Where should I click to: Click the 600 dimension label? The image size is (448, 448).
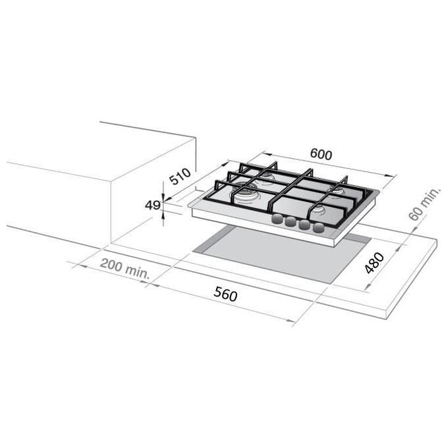321,154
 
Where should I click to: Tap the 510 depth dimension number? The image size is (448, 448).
180,176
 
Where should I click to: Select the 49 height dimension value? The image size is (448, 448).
152,205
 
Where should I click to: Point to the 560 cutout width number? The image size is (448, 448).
225,294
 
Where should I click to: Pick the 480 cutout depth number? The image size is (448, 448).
374,263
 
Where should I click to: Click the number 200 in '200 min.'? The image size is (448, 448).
111,265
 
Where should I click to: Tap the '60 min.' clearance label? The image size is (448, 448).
425,204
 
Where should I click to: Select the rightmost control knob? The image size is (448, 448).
319,228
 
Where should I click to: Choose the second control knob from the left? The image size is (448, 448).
291,221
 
